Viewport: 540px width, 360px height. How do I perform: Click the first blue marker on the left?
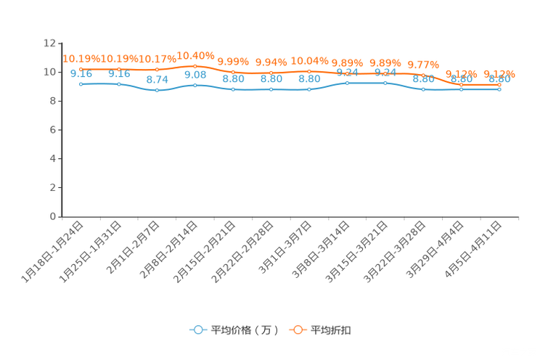[x=81, y=83]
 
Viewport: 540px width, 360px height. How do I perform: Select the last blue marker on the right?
[x=499, y=89]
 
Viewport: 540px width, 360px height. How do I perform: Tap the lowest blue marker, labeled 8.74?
[x=157, y=91]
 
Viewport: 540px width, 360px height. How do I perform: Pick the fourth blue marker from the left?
[x=195, y=84]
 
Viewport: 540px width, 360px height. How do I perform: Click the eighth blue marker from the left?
[x=347, y=83]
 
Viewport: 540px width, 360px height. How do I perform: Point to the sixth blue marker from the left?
[x=271, y=89]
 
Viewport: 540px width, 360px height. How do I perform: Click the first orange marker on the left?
[x=81, y=69]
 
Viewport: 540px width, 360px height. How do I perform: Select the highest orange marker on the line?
[x=195, y=66]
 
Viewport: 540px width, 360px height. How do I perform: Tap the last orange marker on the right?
[x=499, y=85]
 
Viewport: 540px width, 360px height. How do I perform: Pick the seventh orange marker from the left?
[x=309, y=71]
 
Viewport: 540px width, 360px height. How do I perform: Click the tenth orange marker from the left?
[x=423, y=75]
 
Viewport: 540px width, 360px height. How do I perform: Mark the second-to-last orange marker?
[x=462, y=85]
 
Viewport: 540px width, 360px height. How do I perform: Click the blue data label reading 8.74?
[x=157, y=79]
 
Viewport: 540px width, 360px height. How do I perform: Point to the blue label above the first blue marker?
[x=81, y=74]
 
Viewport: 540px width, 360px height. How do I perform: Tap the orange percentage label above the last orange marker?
[x=499, y=73]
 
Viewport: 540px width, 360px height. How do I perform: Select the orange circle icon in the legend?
[x=298, y=330]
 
